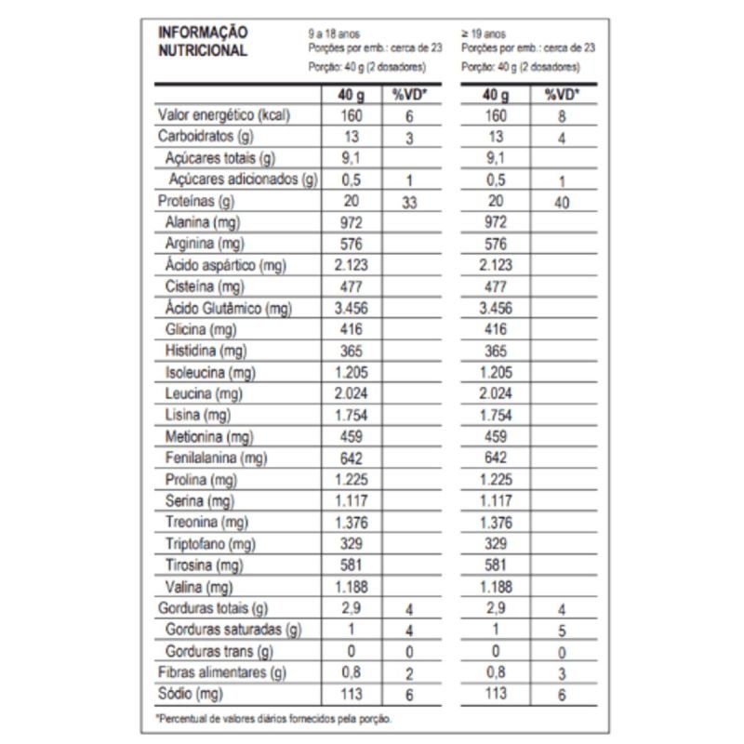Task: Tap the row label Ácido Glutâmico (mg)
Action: click(x=223, y=308)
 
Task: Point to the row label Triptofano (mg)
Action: click(x=210, y=543)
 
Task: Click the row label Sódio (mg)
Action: click(x=192, y=694)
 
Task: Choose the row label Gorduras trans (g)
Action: click(x=219, y=651)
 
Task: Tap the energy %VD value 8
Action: click(x=561, y=117)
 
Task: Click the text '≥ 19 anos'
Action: click(x=485, y=32)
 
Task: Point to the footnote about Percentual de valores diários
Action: click(x=274, y=718)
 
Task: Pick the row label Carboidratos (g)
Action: click(x=202, y=137)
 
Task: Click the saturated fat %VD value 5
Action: click(x=561, y=631)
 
